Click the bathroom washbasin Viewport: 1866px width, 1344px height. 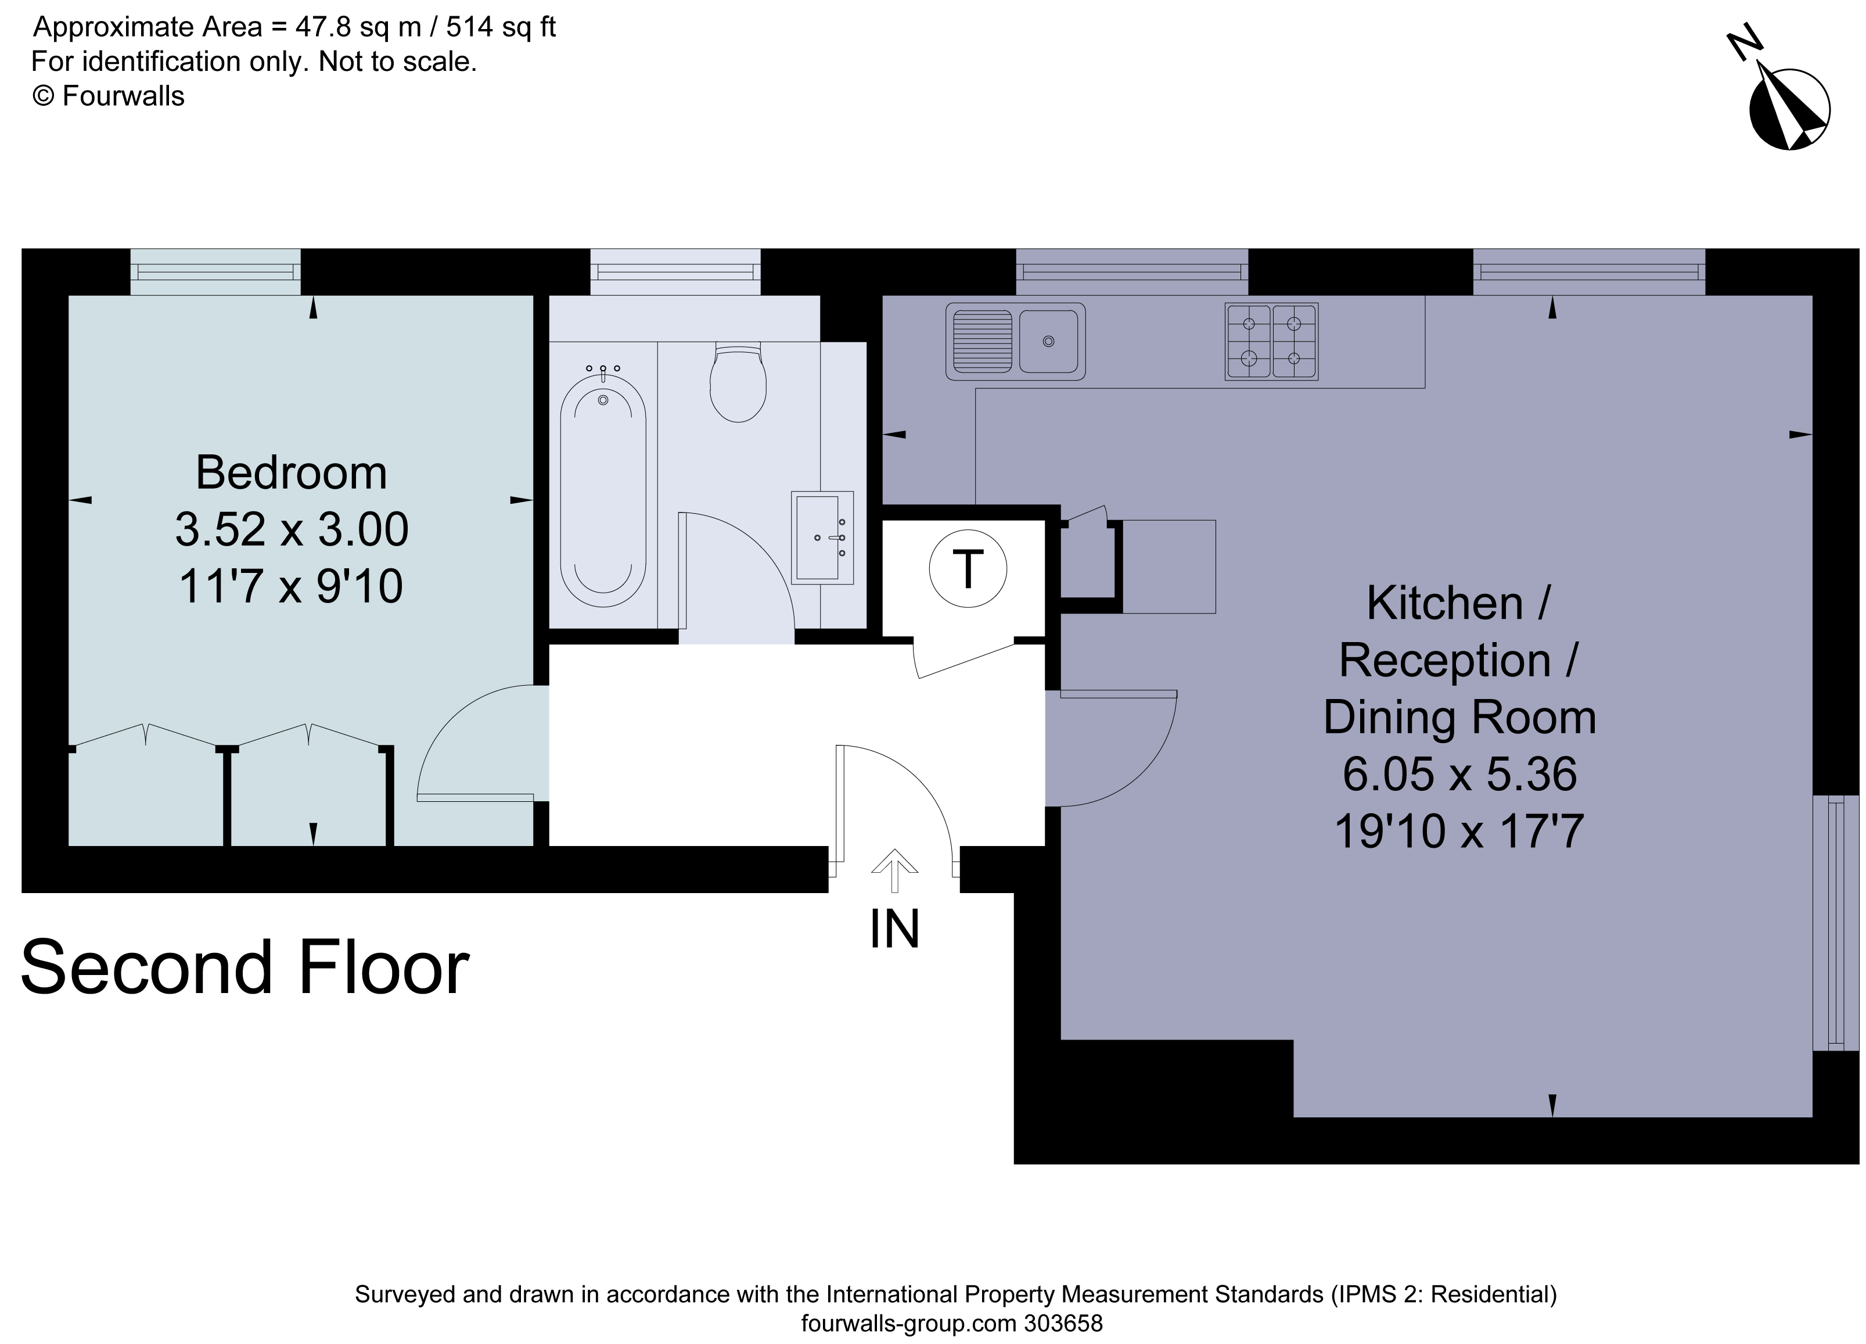click(822, 537)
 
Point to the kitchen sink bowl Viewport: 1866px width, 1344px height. click(1048, 341)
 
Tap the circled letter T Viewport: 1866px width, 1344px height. click(968, 569)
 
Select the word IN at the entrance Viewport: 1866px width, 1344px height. click(894, 930)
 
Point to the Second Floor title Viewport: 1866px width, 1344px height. click(245, 969)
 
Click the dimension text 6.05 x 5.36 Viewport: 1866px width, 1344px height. click(1459, 775)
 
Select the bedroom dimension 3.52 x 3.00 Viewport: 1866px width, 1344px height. click(292, 529)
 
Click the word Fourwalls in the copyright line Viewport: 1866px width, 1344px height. click(123, 96)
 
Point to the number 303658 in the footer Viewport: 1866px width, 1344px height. click(1063, 1324)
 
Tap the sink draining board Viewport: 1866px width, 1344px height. click(981, 341)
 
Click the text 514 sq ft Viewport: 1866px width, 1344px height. click(501, 27)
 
